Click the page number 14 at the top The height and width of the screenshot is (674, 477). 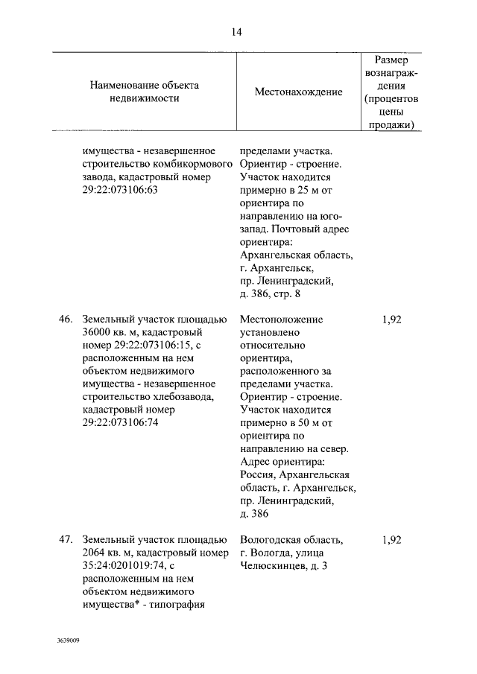[x=237, y=31]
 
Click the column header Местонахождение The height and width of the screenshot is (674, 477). [x=298, y=92]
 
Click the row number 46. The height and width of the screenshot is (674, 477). [x=66, y=319]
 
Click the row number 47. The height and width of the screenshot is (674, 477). [x=66, y=539]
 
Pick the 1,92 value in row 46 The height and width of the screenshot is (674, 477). [x=391, y=319]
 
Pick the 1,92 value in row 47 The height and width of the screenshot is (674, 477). [x=391, y=539]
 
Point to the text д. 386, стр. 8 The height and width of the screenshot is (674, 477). [x=270, y=294]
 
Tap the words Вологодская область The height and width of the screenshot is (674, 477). [x=291, y=540]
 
